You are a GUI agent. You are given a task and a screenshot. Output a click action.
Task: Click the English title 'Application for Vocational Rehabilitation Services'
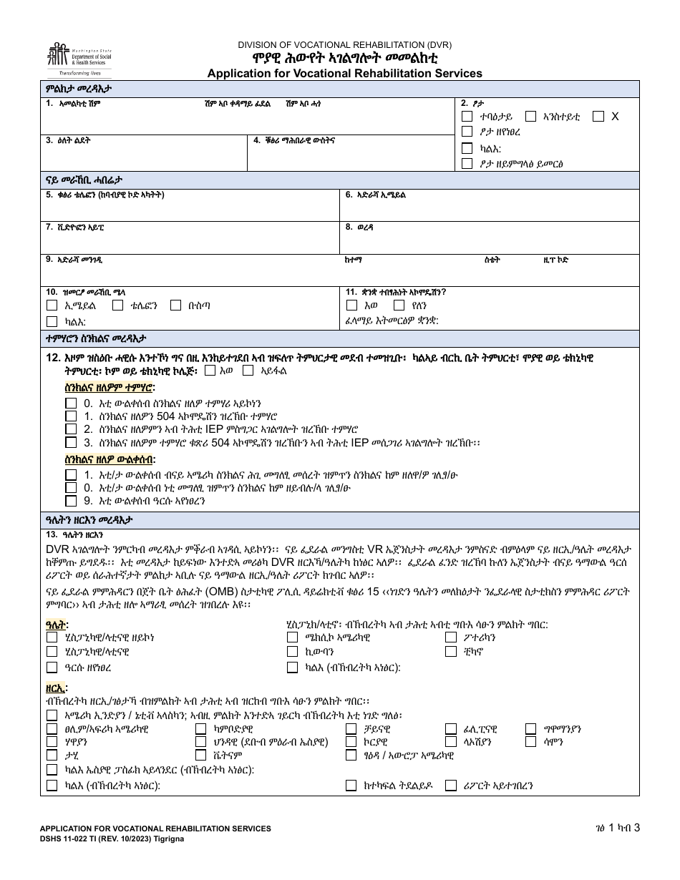click(x=344, y=73)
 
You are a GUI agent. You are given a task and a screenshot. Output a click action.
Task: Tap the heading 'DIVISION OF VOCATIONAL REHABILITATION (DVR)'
click(x=345, y=44)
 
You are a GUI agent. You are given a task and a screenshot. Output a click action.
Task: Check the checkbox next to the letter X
click(x=598, y=116)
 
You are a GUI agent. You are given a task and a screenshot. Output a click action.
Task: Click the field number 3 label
click(x=49, y=141)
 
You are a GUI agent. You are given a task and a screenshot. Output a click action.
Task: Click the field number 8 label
click(x=349, y=228)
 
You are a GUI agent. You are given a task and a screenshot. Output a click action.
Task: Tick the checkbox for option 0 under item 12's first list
click(x=71, y=403)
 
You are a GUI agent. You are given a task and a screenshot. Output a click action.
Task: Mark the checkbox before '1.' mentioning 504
click(x=71, y=416)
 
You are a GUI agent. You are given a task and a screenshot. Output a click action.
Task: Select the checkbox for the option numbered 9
click(x=71, y=501)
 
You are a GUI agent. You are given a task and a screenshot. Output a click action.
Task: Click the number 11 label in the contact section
click(x=351, y=292)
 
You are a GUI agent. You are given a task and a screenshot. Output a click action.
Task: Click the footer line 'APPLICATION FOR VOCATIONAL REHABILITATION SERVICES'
click(x=155, y=828)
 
